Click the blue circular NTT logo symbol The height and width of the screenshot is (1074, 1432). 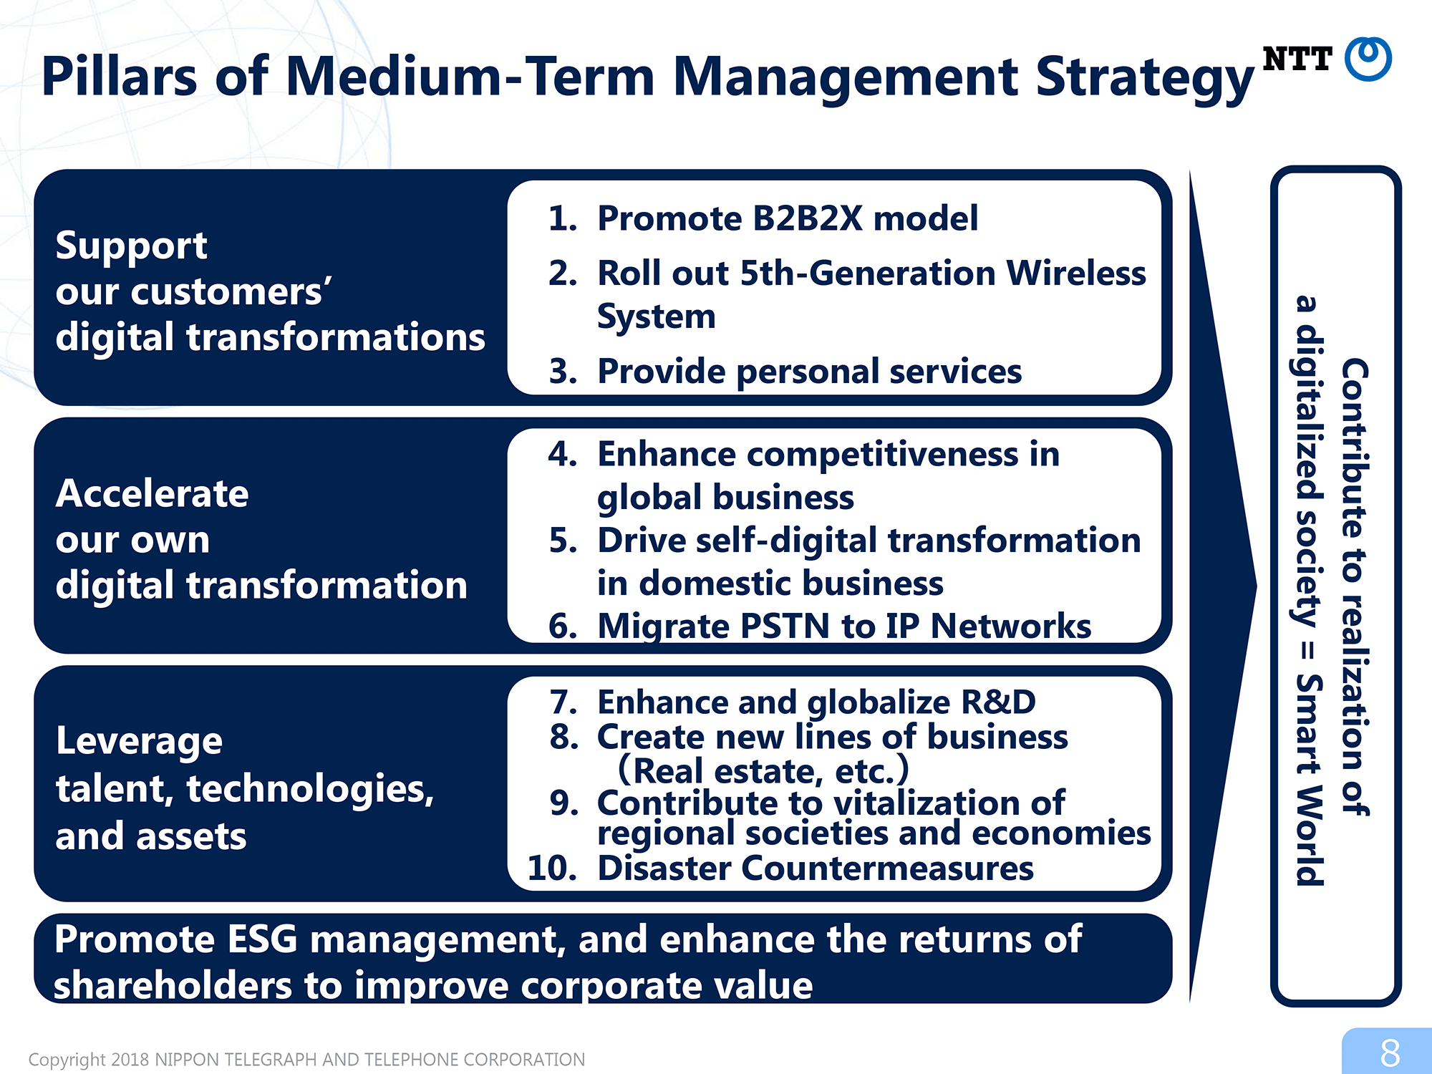point(1368,59)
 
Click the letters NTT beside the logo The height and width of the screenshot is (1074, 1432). point(1297,59)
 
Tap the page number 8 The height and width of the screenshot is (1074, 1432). point(1390,1053)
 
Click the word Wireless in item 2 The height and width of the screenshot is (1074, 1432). point(1076,273)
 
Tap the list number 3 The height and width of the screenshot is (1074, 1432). point(563,372)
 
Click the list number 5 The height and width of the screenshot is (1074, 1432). point(563,541)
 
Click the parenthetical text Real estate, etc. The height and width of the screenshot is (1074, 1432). point(763,770)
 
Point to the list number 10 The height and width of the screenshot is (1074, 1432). point(552,869)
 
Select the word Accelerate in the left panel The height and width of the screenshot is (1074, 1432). point(153,493)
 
